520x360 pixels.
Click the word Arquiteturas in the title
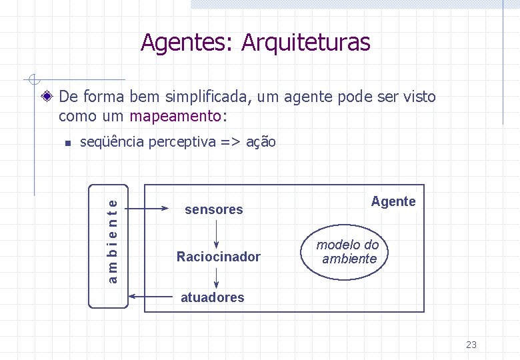click(305, 43)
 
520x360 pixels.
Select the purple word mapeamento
click(175, 117)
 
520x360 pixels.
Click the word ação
click(261, 142)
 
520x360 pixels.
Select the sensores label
click(213, 210)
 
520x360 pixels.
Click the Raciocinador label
click(218, 257)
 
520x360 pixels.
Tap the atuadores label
click(213, 297)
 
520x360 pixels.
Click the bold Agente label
click(393, 201)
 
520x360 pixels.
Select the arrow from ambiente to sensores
click(151, 209)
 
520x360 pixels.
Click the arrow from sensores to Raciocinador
click(217, 233)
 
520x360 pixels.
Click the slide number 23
click(471, 345)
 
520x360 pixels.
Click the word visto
click(419, 97)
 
